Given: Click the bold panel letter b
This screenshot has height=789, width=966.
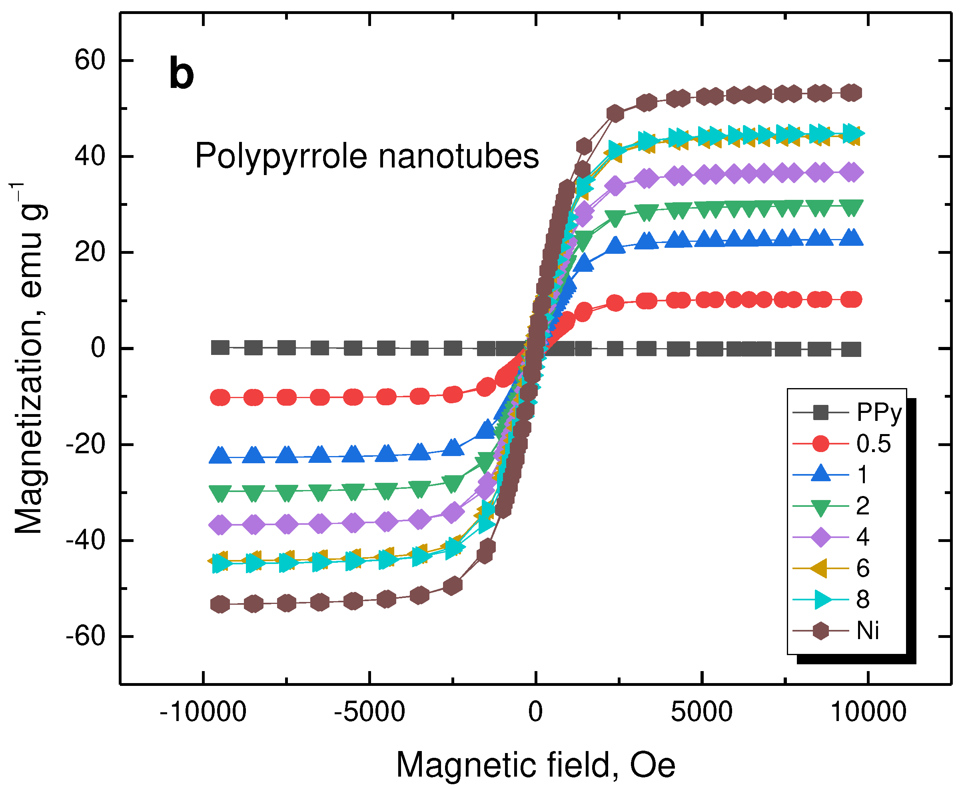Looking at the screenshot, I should (182, 74).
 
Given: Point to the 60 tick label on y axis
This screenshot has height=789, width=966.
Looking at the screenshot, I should (90, 60).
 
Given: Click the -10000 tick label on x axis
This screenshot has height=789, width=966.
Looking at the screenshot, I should (203, 712).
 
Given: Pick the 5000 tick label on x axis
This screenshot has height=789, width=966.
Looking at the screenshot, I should (702, 712).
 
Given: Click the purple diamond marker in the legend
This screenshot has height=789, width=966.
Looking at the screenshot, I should (820, 537).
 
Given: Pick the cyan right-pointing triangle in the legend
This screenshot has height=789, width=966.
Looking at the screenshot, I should (821, 600).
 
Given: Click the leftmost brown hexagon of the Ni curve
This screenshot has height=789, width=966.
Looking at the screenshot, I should (220, 604).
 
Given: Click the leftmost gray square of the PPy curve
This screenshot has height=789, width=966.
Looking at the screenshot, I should (220, 348).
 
